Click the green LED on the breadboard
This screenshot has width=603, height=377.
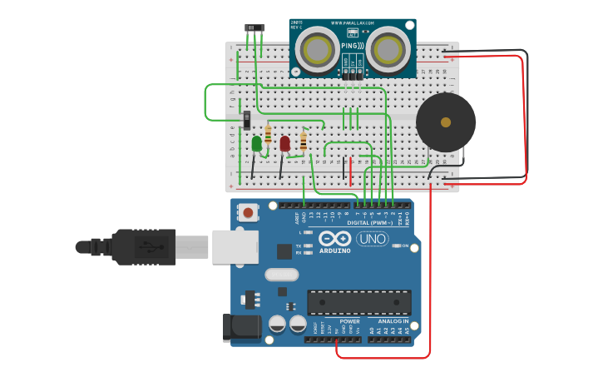coord(256,144)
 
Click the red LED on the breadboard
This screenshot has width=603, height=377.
coord(284,144)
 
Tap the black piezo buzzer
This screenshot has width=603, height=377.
coord(446,122)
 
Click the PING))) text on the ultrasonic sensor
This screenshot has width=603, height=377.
coord(351,46)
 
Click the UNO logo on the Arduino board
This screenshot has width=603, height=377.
coord(372,239)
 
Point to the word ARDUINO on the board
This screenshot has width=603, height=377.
coord(335,251)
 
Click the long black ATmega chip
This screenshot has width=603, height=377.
coord(358,301)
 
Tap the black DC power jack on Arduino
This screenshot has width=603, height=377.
coord(242,327)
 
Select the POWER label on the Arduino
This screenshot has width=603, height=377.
coord(350,321)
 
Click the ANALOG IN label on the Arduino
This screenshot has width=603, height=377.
coord(393,321)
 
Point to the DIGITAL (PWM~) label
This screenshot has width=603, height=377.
coord(370,223)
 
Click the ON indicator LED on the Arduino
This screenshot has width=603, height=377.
coord(394,246)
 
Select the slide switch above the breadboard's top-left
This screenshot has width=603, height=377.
coord(255,28)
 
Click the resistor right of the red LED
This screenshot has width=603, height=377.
coord(304,142)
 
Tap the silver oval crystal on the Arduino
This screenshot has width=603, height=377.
coord(281,275)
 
